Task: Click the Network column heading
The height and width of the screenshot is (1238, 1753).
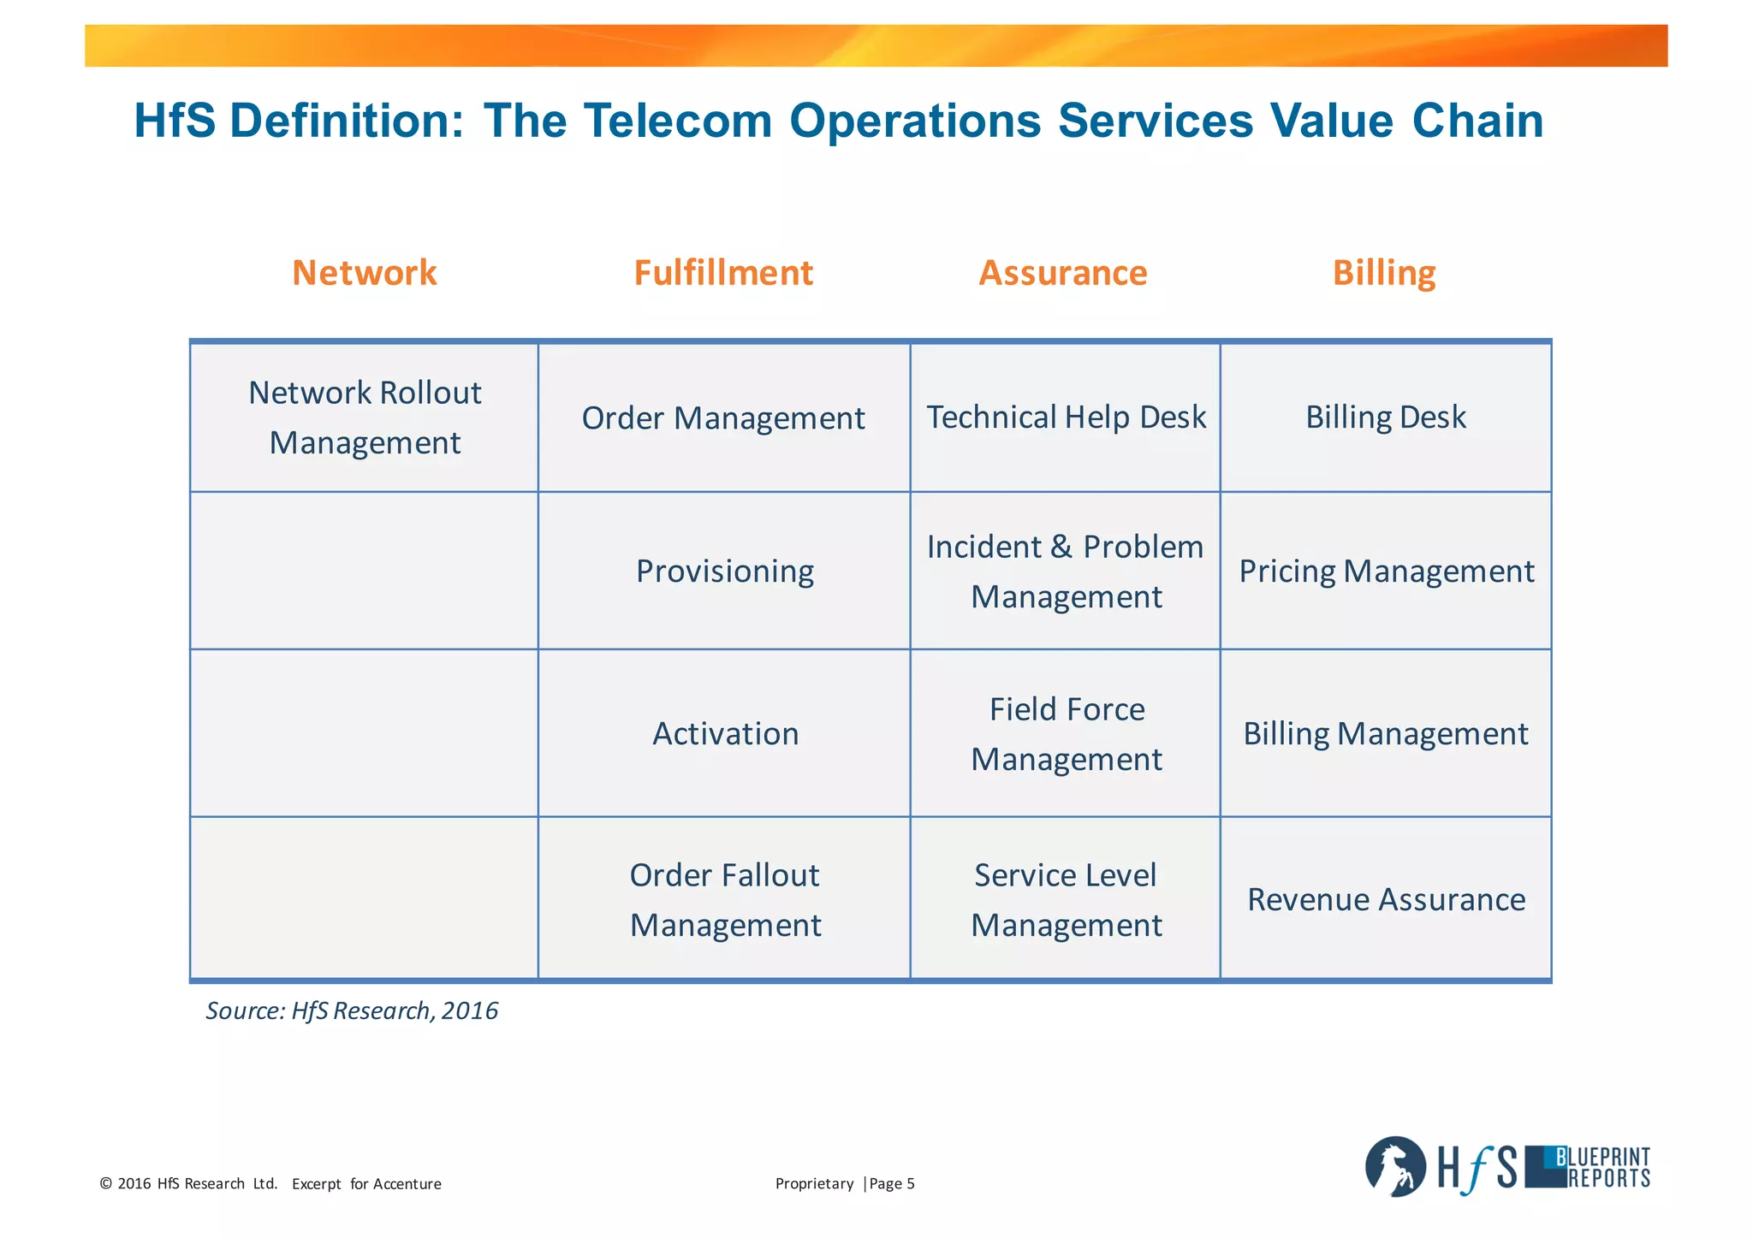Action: tap(365, 273)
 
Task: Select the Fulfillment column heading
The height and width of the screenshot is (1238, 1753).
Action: tap(723, 273)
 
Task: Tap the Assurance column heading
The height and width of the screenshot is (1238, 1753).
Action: tap(1062, 273)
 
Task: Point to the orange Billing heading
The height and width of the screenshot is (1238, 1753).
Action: tap(1384, 273)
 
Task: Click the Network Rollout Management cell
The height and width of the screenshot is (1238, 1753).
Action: tap(365, 418)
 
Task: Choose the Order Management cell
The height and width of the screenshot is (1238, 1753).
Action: tap(723, 418)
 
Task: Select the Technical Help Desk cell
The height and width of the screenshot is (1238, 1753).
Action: tap(1066, 418)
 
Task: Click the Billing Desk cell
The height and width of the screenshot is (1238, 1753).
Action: tap(1385, 418)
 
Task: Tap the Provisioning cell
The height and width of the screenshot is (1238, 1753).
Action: tap(724, 572)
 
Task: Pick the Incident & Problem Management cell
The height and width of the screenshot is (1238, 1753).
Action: tap(1066, 571)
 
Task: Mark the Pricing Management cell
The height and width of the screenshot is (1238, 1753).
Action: tap(1386, 572)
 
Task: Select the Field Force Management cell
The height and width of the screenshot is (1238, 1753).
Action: tap(1066, 734)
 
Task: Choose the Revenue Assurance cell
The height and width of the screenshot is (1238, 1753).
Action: tap(1386, 900)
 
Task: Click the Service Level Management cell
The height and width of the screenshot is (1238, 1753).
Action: tap(1066, 900)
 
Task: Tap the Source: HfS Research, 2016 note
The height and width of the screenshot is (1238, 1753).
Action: tap(352, 1011)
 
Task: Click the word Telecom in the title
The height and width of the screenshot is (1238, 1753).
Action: tap(678, 121)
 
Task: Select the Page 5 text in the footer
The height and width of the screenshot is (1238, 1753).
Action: tap(892, 1184)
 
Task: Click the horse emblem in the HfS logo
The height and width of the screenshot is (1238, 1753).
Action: tap(1394, 1167)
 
